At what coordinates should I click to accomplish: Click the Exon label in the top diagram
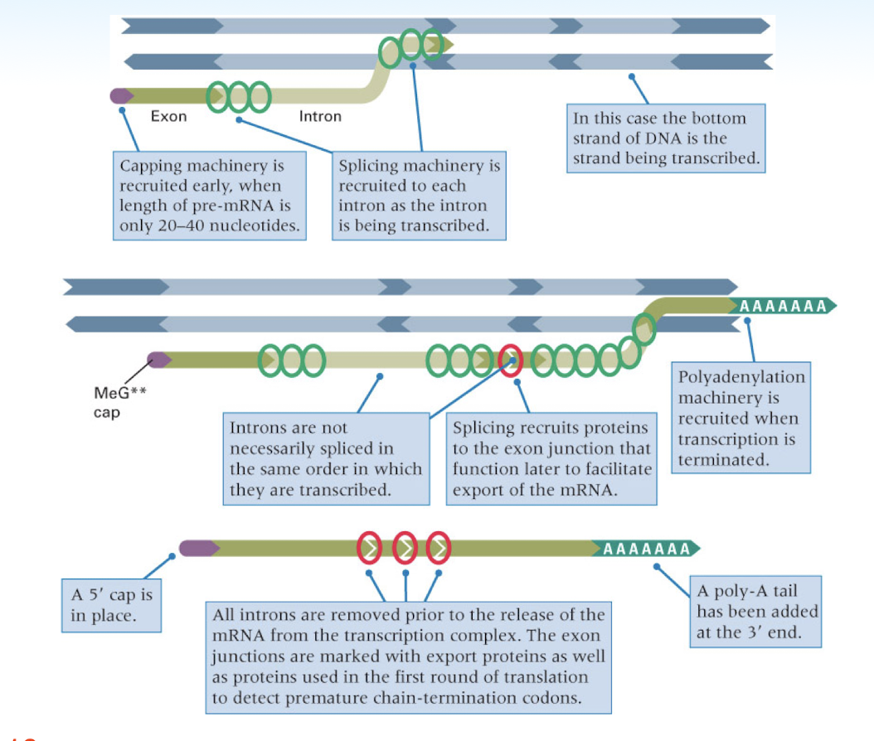[168, 117]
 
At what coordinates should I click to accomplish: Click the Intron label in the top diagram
[320, 117]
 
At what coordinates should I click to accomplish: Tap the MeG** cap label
[114, 400]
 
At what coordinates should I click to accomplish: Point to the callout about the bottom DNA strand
[666, 138]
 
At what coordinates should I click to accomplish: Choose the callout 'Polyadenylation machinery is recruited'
[741, 418]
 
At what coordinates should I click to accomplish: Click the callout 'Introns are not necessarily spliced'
[326, 458]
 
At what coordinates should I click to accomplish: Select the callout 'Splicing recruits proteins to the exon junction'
[551, 458]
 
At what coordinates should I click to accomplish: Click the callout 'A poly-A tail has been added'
[756, 613]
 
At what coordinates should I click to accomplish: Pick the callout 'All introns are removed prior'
[408, 657]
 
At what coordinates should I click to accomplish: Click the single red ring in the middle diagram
[511, 360]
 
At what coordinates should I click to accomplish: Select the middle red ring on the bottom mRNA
[405, 548]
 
